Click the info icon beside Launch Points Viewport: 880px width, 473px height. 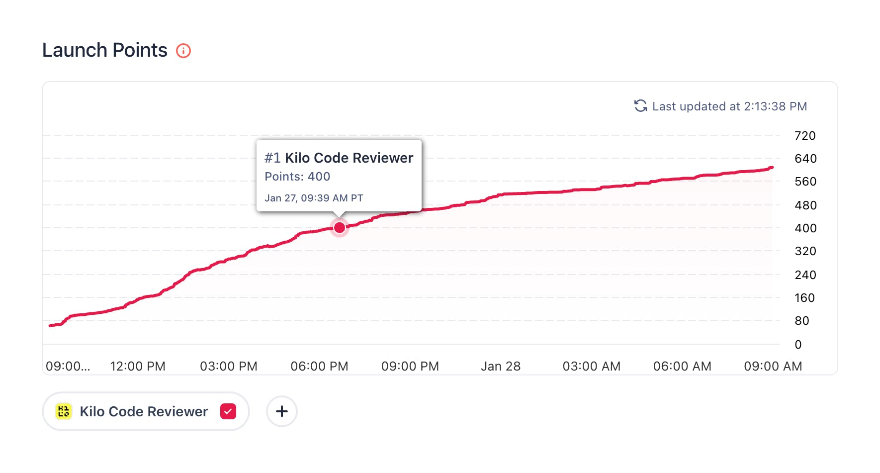pyautogui.click(x=183, y=51)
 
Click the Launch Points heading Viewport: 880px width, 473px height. pyautogui.click(x=105, y=50)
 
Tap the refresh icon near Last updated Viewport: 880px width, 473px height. pyautogui.click(x=640, y=106)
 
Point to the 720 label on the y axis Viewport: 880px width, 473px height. pyautogui.click(x=805, y=136)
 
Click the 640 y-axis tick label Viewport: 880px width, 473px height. pyautogui.click(x=805, y=159)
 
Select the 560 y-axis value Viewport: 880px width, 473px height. pyautogui.click(x=805, y=182)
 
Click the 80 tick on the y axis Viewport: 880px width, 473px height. pyautogui.click(x=801, y=321)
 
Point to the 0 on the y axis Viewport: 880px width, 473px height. pyautogui.click(x=798, y=345)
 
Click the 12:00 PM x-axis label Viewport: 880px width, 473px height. pyautogui.click(x=138, y=367)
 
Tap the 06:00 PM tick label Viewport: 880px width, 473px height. pyautogui.click(x=319, y=367)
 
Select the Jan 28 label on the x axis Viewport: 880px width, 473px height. pyautogui.click(x=501, y=367)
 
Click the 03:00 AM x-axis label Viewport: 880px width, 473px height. pyautogui.click(x=591, y=367)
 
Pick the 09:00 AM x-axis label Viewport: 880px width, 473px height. pyautogui.click(x=773, y=367)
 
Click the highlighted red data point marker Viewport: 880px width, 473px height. pyautogui.click(x=340, y=228)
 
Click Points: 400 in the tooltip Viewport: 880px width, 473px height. pyautogui.click(x=297, y=177)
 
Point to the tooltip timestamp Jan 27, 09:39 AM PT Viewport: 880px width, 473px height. pyautogui.click(x=314, y=198)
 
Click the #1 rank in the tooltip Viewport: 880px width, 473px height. pyautogui.click(x=272, y=158)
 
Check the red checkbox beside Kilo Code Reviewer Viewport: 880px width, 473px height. pyautogui.click(x=228, y=411)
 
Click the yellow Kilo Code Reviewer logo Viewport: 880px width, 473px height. pyautogui.click(x=64, y=411)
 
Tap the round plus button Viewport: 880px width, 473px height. pyautogui.click(x=282, y=411)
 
